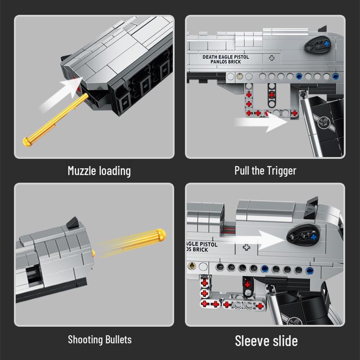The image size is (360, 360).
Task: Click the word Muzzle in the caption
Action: coord(82,171)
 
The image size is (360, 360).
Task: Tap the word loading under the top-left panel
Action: coord(115,171)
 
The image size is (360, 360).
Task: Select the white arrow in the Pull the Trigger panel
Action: coord(261,121)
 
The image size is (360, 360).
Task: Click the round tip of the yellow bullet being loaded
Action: coord(27,142)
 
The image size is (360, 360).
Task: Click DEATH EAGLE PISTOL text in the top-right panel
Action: coord(226,57)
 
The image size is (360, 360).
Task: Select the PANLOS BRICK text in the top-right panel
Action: coord(226,62)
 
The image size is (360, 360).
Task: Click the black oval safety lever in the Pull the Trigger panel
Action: coord(318,45)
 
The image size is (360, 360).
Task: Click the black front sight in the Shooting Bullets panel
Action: coord(73,223)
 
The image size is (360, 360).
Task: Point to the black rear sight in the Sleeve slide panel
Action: coord(311,207)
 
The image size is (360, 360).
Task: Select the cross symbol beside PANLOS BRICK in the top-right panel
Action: coord(272,58)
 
